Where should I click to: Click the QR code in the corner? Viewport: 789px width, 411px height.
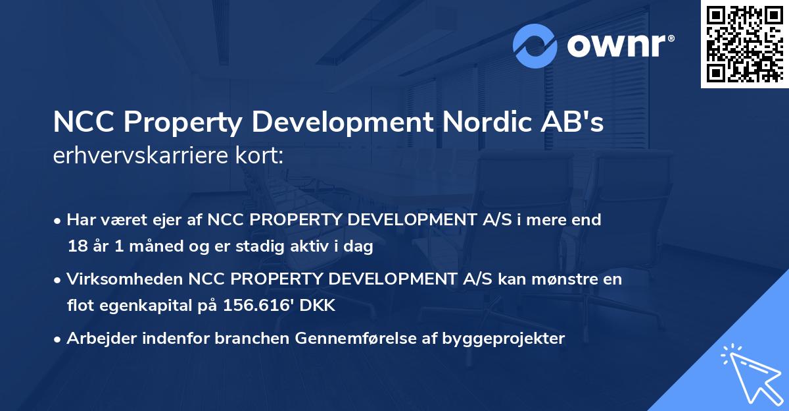pyautogui.click(x=744, y=44)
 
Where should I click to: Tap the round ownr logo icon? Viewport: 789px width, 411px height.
pyautogui.click(x=535, y=45)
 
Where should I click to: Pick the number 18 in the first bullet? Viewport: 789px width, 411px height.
pyautogui.click(x=76, y=247)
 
